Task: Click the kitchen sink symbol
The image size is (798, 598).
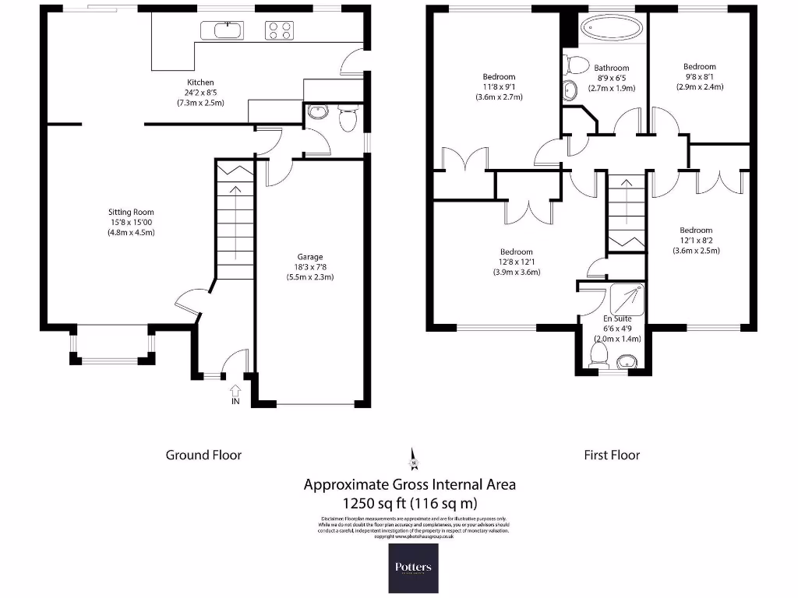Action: coord(222,30)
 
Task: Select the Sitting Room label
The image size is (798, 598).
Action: coord(131,212)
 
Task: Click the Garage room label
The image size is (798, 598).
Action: coord(309,257)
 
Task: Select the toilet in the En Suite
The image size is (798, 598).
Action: coord(599,355)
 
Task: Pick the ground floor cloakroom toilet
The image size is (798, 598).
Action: coord(348,120)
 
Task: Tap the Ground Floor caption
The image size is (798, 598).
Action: coord(203,455)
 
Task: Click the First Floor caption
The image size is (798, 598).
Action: coord(612,455)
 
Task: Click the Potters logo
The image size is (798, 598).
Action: coord(413,568)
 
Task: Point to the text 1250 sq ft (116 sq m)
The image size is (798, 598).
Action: coord(409,502)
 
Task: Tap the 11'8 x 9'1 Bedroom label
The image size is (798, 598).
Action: coord(499,86)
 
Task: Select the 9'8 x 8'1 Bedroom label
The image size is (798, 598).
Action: coord(699,76)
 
